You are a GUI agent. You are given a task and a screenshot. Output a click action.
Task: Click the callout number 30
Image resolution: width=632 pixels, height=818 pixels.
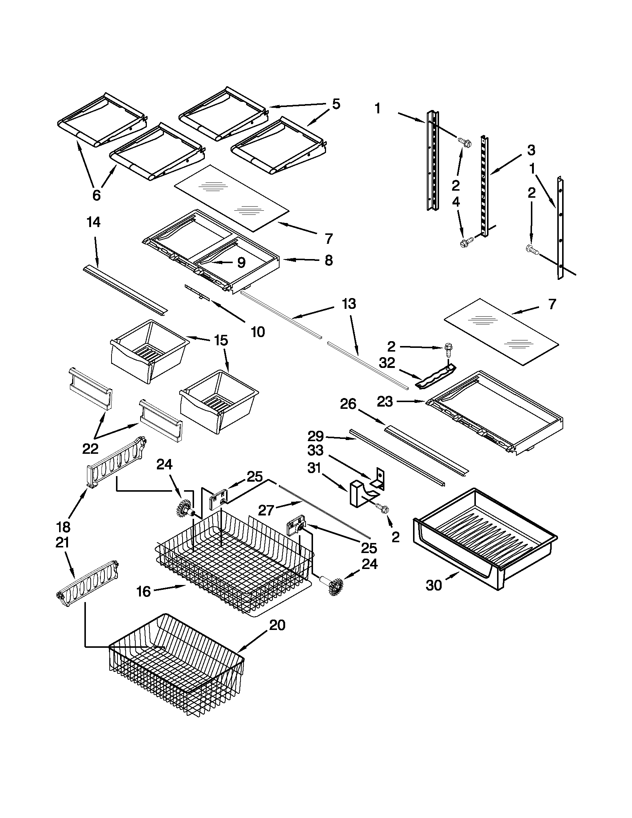point(434,585)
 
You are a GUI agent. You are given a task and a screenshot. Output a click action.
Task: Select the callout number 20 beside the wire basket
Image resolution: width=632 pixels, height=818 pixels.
point(277,625)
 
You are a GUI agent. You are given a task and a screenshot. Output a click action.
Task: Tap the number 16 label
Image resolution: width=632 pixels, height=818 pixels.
point(144,592)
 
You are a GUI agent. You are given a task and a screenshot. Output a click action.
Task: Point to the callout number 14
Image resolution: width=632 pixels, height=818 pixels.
point(93,223)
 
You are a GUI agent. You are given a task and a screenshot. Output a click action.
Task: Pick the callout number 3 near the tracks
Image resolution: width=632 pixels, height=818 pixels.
point(531,150)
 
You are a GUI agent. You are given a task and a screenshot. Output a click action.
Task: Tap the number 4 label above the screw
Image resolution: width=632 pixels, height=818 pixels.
point(455,202)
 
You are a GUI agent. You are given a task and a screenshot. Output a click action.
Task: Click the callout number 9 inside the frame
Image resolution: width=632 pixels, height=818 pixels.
point(241,262)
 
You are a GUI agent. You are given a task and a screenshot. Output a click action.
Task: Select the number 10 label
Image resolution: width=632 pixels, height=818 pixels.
point(258,332)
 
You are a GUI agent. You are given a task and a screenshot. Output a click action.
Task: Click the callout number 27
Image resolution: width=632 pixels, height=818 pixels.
point(266,510)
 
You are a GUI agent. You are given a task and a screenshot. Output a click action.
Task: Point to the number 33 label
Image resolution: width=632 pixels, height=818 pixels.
point(315,450)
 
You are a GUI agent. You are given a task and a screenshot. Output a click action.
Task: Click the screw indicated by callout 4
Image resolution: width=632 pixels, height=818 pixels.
point(465,243)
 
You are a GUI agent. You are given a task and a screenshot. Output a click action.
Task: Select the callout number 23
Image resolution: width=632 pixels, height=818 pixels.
point(385,401)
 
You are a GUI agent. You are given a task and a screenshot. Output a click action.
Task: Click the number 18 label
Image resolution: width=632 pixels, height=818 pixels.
point(63,527)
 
